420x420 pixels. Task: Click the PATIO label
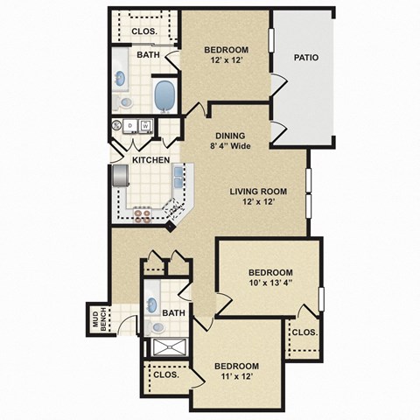[305, 58]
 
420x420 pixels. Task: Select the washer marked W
[145, 126]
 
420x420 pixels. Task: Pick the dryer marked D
[129, 126]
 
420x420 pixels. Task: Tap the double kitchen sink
[178, 178]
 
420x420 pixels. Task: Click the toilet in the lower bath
[157, 328]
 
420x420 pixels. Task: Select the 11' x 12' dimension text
[236, 377]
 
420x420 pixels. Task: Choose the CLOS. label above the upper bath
[144, 31]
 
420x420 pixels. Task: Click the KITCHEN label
[150, 160]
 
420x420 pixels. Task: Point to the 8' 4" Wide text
[231, 146]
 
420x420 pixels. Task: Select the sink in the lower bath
[151, 305]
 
